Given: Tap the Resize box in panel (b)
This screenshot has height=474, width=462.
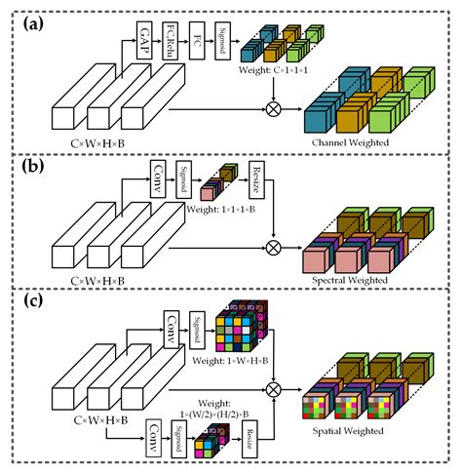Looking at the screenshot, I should point(259,177).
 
